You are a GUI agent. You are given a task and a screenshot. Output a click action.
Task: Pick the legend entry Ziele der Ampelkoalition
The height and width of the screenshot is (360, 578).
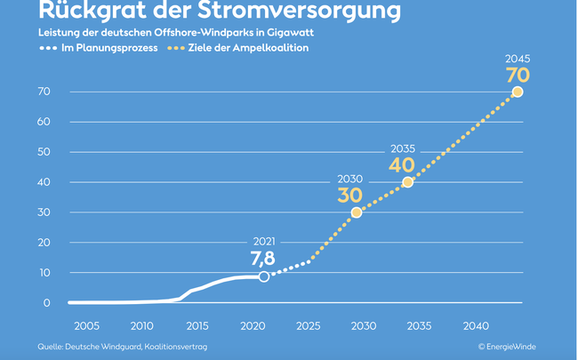click(x=252, y=48)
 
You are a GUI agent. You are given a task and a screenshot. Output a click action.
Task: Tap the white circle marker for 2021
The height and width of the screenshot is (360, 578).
click(x=264, y=277)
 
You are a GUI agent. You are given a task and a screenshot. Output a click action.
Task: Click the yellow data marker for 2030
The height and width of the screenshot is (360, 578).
click(x=357, y=212)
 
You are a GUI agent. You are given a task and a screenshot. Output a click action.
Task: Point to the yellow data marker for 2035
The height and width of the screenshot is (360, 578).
click(x=408, y=182)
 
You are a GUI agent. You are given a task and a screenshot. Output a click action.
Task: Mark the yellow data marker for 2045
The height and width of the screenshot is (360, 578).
click(x=518, y=92)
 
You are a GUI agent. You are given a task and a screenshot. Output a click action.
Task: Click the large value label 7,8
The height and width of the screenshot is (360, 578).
click(x=262, y=258)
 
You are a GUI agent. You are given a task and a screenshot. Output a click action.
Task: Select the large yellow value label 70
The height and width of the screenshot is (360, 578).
click(x=518, y=75)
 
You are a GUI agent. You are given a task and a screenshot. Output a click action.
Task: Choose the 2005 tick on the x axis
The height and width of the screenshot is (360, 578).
click(x=86, y=326)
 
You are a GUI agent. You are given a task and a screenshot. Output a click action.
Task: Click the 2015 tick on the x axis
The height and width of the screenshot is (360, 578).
click(x=197, y=326)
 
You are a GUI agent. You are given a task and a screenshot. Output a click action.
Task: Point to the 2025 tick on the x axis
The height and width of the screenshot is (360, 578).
click(x=309, y=326)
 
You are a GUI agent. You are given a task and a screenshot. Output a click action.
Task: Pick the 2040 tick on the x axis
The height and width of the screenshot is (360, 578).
click(x=476, y=326)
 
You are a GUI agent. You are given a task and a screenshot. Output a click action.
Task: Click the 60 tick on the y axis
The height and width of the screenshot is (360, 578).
click(x=44, y=122)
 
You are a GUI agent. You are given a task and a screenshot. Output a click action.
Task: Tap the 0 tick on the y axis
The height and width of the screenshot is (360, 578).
click(x=46, y=303)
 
